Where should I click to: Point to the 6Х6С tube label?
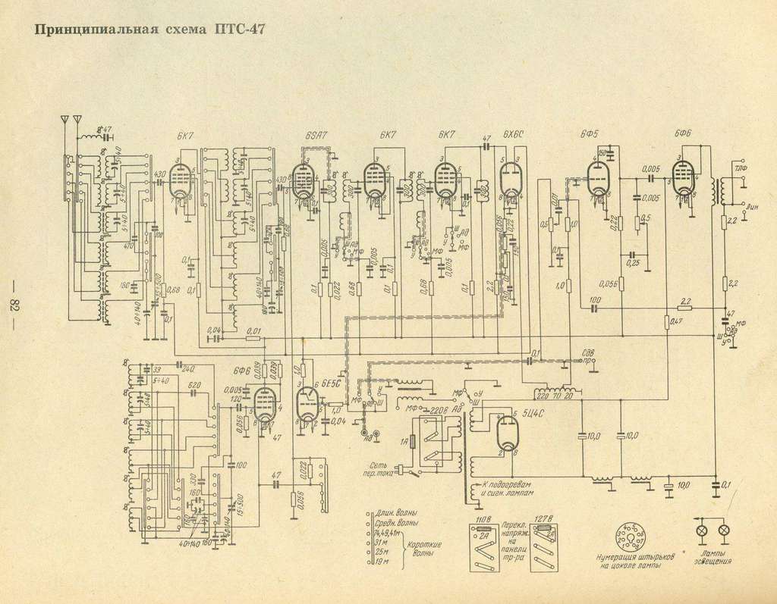(x=513, y=135)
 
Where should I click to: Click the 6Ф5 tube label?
(x=587, y=135)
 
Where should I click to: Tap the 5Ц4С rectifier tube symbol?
(x=505, y=433)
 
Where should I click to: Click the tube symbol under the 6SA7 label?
(x=303, y=183)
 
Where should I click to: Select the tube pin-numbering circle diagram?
(x=628, y=537)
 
